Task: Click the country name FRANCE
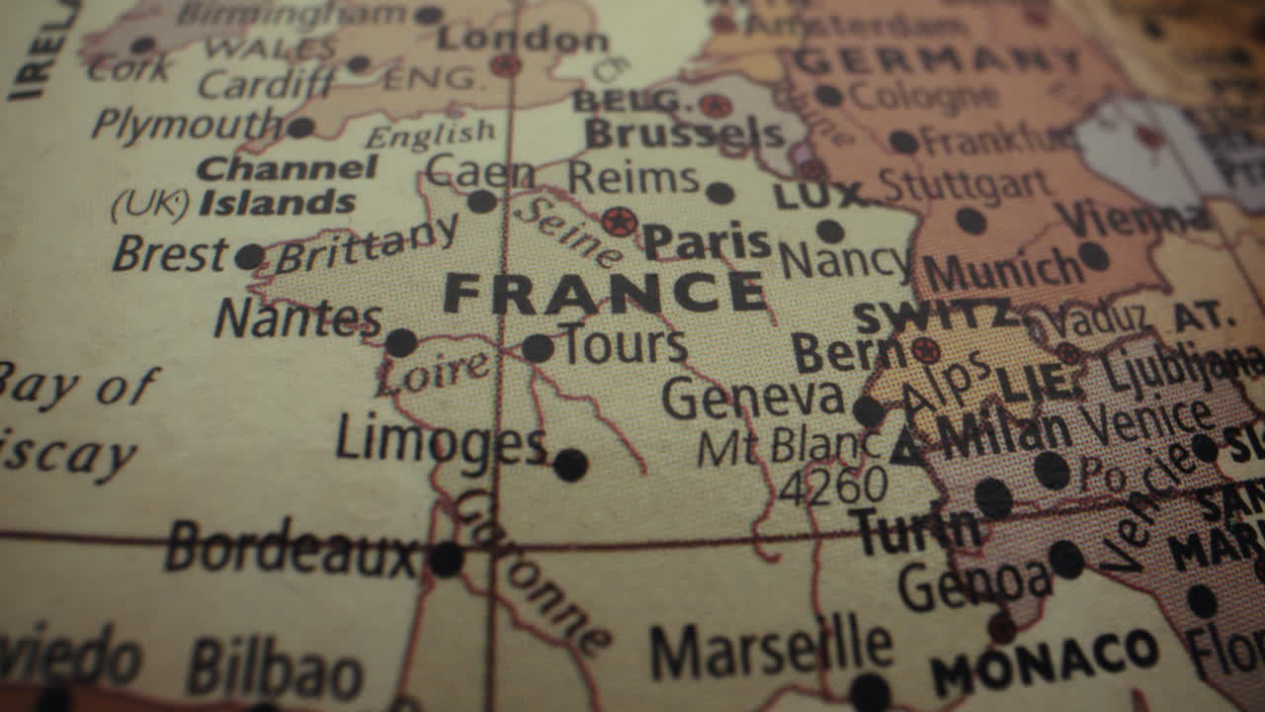tap(604, 294)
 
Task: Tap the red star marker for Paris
tap(620, 222)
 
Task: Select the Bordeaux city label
tap(292, 549)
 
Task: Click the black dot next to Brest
tap(249, 257)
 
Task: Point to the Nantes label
tap(297, 318)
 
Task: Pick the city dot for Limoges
tap(570, 465)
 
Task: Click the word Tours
tap(623, 345)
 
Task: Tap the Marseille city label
tap(771, 648)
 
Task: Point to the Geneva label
tap(752, 399)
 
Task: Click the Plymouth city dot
tap(299, 128)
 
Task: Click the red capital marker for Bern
tap(925, 350)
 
